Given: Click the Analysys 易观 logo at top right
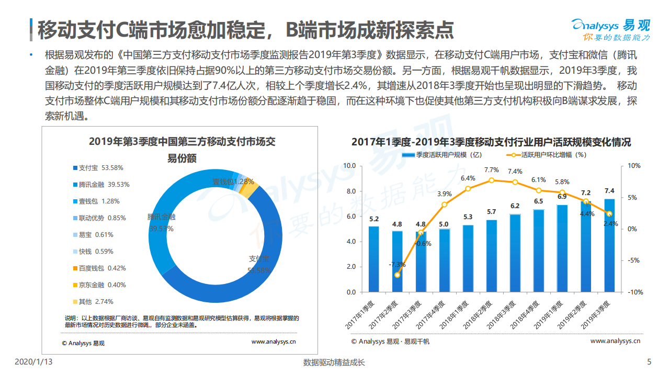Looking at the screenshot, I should (x=610, y=30).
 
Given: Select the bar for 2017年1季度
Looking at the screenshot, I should (x=373, y=259).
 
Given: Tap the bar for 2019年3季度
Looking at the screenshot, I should (x=609, y=245).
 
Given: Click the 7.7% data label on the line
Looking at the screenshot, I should (x=491, y=170).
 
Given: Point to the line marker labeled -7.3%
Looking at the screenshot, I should (x=398, y=275).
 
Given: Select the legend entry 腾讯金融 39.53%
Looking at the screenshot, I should (x=101, y=185).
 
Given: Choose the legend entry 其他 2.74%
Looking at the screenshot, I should (x=93, y=302).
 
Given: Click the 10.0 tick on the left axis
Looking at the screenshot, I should (x=349, y=166).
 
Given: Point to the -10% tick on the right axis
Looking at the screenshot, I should (x=633, y=292).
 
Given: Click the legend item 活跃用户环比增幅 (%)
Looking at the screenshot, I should (x=546, y=155).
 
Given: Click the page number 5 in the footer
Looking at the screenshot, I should (x=649, y=362).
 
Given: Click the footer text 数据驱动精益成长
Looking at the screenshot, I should (x=334, y=362).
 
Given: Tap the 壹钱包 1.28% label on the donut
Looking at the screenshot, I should (x=233, y=182).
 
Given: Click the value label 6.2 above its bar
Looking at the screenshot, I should (x=515, y=206).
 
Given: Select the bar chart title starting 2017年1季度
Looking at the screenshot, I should (x=491, y=142).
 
